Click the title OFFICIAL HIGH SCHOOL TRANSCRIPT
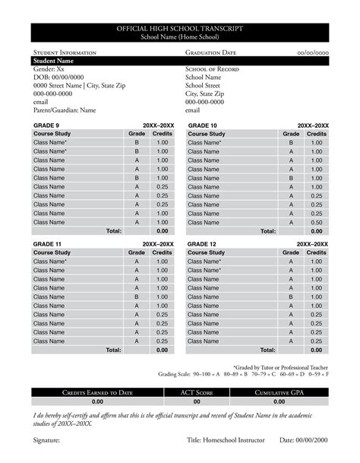point(180,28)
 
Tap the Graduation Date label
point(210,52)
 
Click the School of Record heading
point(213,69)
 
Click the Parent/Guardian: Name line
point(65,109)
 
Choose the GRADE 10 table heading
point(203,125)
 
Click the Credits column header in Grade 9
point(163,134)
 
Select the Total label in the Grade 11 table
point(113,350)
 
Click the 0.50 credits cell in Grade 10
point(317,222)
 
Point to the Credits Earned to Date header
point(97,392)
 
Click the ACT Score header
point(197,392)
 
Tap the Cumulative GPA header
point(279,392)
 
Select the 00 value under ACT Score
point(197,401)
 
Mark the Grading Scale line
point(243,374)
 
